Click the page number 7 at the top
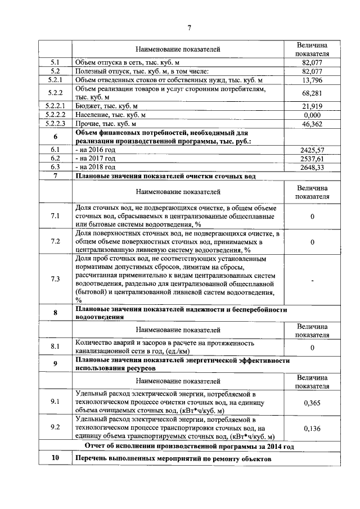coord(190,28)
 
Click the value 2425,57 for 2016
coord(312,150)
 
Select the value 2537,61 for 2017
coord(312,159)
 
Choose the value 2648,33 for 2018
coord(312,167)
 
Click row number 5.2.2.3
coord(55,124)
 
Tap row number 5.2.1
coord(55,80)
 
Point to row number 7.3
coord(55,279)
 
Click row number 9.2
coord(55,427)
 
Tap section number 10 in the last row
coord(55,459)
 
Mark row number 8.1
coord(55,347)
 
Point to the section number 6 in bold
coord(55,137)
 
